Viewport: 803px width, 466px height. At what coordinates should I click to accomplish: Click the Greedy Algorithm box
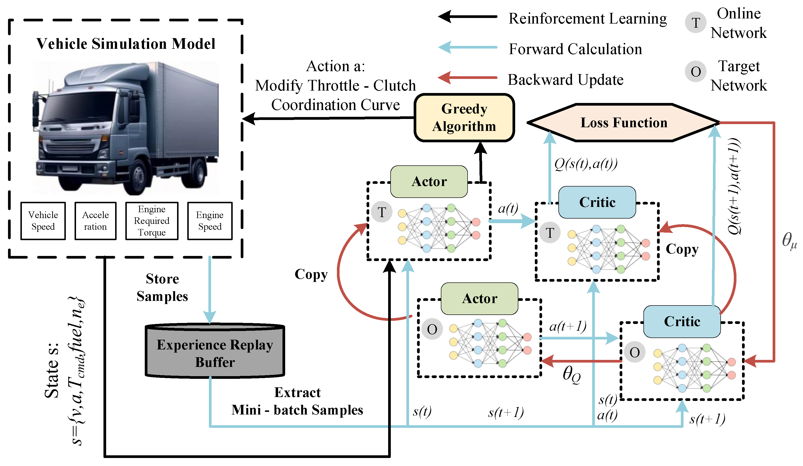(464, 118)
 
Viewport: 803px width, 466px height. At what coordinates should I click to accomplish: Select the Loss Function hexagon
(623, 123)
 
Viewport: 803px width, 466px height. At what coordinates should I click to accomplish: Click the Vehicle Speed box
(43, 221)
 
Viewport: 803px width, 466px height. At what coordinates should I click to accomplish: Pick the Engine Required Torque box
(152, 221)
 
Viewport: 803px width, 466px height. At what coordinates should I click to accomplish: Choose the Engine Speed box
(210, 221)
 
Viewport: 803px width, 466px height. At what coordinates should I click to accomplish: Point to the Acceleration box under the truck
(95, 221)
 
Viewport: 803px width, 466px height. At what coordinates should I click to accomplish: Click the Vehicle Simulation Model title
(126, 44)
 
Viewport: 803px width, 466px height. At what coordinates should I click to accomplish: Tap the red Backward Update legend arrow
(468, 77)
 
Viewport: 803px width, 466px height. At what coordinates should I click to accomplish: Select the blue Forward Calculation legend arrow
(468, 47)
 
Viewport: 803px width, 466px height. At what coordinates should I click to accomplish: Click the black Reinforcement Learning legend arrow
(468, 17)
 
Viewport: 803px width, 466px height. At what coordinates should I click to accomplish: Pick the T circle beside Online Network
(696, 23)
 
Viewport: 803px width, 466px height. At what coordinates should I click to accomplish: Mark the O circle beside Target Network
(696, 71)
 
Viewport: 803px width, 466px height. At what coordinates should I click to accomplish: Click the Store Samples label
(162, 287)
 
